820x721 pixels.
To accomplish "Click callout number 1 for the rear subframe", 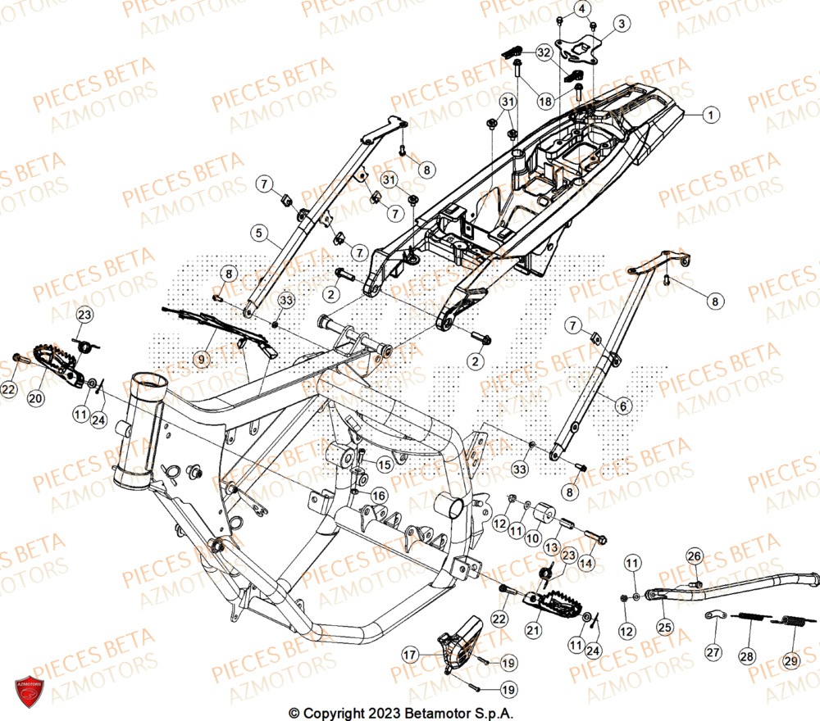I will [x=711, y=115].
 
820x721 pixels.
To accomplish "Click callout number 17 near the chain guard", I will [x=408, y=655].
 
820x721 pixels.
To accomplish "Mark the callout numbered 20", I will [x=34, y=398].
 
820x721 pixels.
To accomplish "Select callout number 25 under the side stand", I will [x=663, y=628].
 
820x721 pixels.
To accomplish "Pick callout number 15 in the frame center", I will [x=384, y=465].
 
